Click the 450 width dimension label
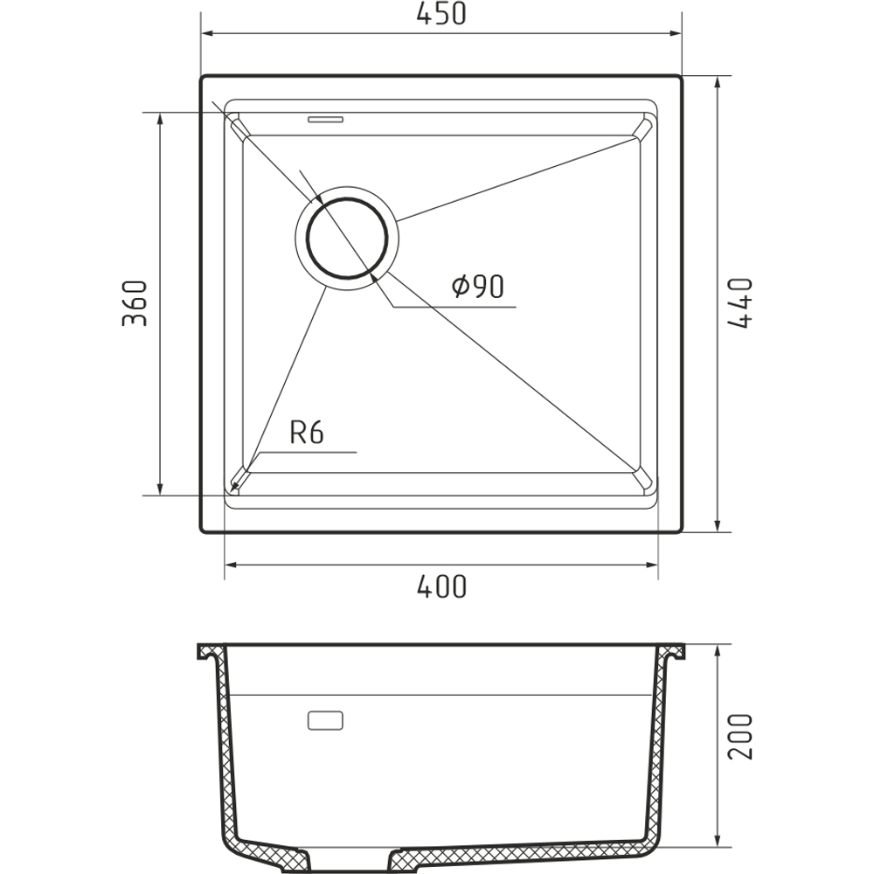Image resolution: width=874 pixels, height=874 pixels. (x=440, y=14)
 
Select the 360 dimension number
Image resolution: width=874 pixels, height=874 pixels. (x=135, y=303)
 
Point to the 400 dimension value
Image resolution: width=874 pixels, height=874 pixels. (x=440, y=586)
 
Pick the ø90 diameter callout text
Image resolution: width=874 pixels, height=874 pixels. (x=478, y=286)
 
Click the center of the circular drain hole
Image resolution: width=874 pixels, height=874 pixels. (x=347, y=239)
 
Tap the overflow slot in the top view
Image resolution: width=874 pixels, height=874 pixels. (x=325, y=119)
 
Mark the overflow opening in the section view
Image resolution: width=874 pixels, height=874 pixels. (x=325, y=720)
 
